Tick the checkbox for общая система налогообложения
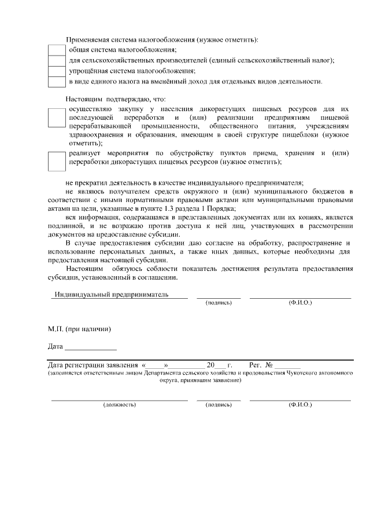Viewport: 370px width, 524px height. click(56, 50)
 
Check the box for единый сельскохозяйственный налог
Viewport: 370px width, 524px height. click(56, 61)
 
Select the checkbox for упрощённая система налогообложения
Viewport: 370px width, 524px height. click(56, 71)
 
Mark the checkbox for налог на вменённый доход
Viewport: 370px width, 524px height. click(56, 82)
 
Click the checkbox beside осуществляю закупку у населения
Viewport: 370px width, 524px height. click(57, 118)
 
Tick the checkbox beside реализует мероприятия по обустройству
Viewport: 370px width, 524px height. click(57, 162)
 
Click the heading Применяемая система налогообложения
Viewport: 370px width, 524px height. click(162, 39)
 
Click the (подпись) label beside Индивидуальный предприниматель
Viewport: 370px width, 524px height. click(219, 303)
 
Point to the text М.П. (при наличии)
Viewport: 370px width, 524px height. click(79, 329)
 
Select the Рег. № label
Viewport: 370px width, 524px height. click(260, 365)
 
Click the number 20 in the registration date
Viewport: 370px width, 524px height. click(210, 365)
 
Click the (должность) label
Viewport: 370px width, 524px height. click(119, 405)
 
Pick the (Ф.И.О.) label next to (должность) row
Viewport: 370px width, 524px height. click(300, 405)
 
